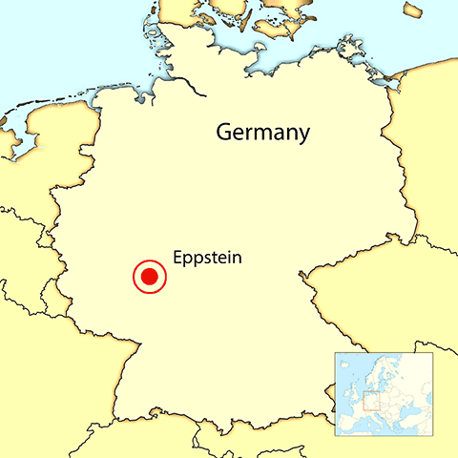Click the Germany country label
click(262, 132)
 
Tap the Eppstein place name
click(208, 258)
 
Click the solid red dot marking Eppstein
click(149, 278)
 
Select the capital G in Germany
click(225, 131)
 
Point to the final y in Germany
click(303, 135)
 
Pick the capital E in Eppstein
click(178, 257)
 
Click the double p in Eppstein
click(196, 260)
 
